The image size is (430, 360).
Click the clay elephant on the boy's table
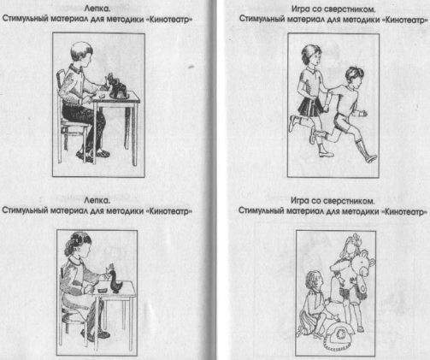117,86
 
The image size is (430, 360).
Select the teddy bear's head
363,263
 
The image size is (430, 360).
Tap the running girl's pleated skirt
310,107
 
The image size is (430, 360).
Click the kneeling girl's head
314,280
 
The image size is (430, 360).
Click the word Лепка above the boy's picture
97,9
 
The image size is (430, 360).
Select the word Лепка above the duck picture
97,200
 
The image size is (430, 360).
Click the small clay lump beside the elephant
102,97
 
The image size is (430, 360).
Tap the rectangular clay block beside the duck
103,290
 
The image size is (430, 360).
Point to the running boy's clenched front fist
363,114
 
